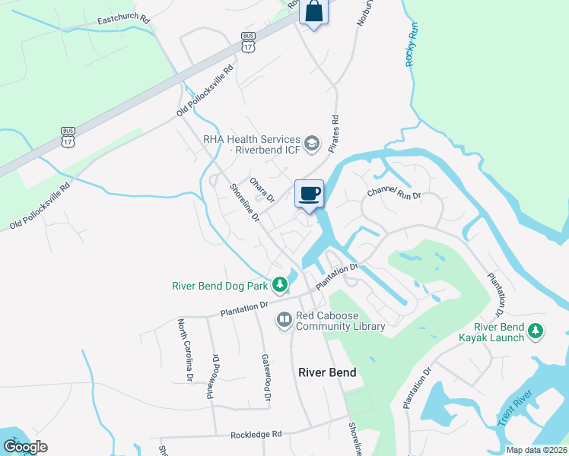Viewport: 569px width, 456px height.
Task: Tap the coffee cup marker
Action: (x=309, y=194)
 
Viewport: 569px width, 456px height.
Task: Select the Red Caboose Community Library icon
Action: (x=284, y=320)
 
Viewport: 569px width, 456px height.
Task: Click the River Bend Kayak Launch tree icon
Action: (x=536, y=331)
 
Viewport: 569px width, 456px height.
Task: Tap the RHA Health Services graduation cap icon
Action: (x=310, y=142)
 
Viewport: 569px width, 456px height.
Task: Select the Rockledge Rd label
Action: (x=256, y=434)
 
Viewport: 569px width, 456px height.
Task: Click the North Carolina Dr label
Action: (x=185, y=350)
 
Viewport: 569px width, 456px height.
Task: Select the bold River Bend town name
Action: (x=327, y=372)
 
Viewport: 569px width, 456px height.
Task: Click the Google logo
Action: (x=25, y=447)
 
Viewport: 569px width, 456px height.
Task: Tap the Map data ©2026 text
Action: (x=536, y=450)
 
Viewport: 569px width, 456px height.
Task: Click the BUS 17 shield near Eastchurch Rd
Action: (x=247, y=42)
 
